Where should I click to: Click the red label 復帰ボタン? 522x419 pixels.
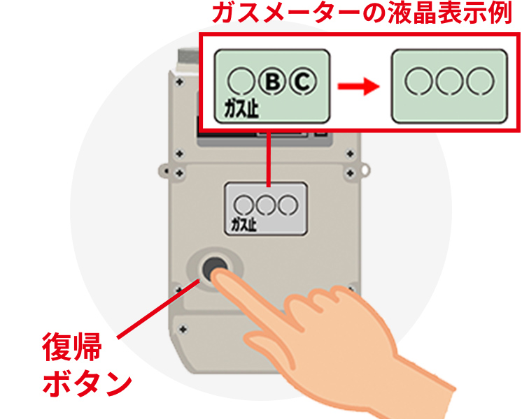coord(83,365)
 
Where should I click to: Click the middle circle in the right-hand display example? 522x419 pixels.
coord(449,80)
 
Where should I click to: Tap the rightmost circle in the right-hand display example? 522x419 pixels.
coord(479,80)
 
